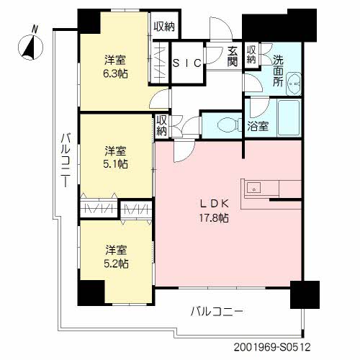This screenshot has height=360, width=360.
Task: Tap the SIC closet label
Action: [187, 63]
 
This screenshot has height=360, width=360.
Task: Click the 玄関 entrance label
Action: [233, 56]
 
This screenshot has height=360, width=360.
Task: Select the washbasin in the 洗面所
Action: [294, 84]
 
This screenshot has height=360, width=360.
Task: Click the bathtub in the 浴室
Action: [289, 117]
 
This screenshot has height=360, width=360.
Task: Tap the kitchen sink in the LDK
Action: [253, 187]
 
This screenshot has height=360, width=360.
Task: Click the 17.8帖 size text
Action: [214, 218]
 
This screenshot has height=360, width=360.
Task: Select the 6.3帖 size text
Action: [115, 73]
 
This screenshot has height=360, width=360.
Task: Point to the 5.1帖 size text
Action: [115, 164]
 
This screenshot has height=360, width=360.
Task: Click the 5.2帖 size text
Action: [116, 264]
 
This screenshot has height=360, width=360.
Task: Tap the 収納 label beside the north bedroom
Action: [164, 27]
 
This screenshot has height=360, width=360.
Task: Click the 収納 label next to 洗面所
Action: [251, 55]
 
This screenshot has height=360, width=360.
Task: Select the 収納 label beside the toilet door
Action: [161, 125]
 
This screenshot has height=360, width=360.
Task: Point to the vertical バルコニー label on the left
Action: [66, 161]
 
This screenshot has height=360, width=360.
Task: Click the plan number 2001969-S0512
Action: [272, 347]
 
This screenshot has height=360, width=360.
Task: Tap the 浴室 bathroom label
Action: [258, 126]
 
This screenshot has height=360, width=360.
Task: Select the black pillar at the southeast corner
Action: [305, 294]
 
